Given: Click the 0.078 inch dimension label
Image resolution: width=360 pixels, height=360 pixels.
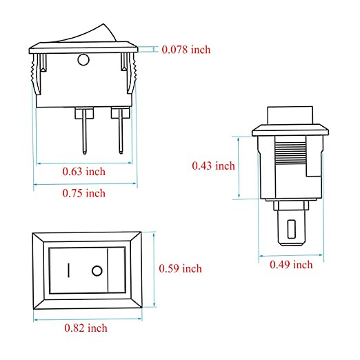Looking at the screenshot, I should (186, 50).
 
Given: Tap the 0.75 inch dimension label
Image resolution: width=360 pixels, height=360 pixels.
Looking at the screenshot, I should (83, 193).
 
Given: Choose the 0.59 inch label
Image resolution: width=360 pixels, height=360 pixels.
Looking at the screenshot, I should (180, 268).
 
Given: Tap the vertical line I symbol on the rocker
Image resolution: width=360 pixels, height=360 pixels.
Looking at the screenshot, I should (69, 270).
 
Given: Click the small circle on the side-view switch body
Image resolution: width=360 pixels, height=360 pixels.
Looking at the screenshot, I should (83, 60).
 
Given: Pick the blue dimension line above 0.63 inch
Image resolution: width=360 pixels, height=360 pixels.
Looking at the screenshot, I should (83, 163).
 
